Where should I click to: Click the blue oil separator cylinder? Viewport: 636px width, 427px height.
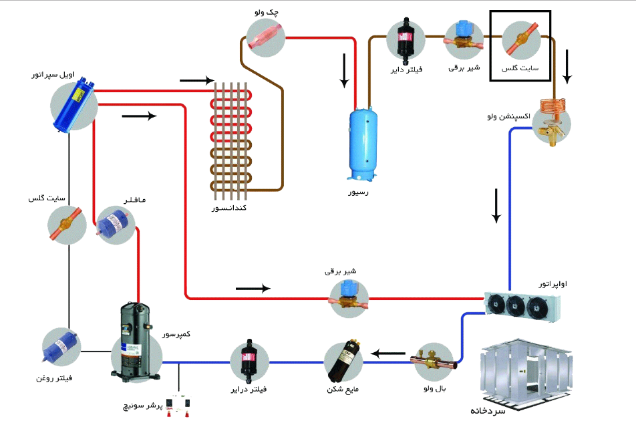pyautogui.click(x=74, y=105)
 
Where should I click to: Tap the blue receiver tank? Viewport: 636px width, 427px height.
pyautogui.click(x=363, y=143)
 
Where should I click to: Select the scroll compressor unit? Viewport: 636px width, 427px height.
pyautogui.click(x=136, y=341)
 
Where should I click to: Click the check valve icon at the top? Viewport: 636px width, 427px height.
pyautogui.click(x=266, y=36)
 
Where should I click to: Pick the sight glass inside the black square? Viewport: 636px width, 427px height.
pyautogui.click(x=520, y=41)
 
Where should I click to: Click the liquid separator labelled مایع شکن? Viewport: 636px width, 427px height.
pyautogui.click(x=344, y=360)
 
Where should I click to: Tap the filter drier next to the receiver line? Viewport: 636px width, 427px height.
pyautogui.click(x=406, y=41)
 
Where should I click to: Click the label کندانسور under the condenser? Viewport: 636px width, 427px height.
pyautogui.click(x=229, y=209)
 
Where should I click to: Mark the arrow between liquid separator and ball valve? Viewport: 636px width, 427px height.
pyautogui.click(x=389, y=352)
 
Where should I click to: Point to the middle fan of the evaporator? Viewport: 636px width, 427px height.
pyautogui.click(x=516, y=305)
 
